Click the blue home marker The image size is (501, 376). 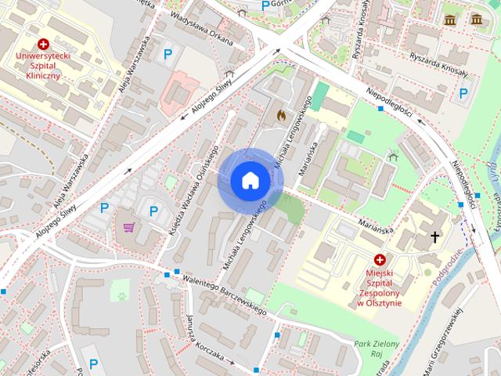pyautogui.click(x=250, y=181)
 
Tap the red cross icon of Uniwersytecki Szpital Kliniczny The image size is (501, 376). pyautogui.click(x=44, y=45)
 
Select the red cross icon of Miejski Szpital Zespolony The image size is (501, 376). pyautogui.click(x=380, y=259)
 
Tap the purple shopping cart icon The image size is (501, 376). pyautogui.click(x=128, y=227)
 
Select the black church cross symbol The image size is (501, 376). pyautogui.click(x=434, y=236)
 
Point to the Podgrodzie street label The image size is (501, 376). pyautogui.click(x=448, y=259)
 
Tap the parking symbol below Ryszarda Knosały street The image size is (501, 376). pyautogui.click(x=463, y=93)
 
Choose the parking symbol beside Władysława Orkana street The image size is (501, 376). pyautogui.click(x=167, y=55)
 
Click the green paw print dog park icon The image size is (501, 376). pyautogui.click(x=122, y=295)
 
